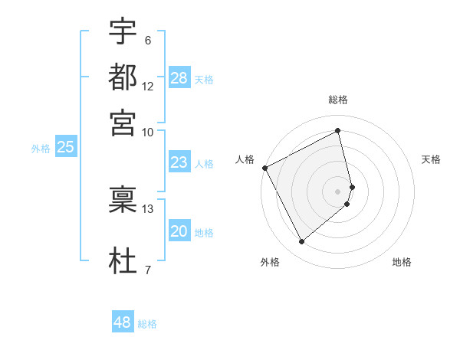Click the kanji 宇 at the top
click(x=123, y=32)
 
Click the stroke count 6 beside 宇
click(x=148, y=41)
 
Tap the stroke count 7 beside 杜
click(x=148, y=269)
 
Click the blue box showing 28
click(x=179, y=78)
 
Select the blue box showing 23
click(x=179, y=162)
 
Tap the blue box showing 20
click(x=179, y=231)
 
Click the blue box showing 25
click(x=65, y=147)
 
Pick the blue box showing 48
click(x=123, y=322)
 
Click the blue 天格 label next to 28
click(x=204, y=80)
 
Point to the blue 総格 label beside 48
click(x=147, y=324)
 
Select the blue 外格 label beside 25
click(x=40, y=149)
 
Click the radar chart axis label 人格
click(x=245, y=159)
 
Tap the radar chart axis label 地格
click(x=402, y=262)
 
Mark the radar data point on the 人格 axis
click(x=264, y=168)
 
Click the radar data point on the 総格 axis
click(x=338, y=130)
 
